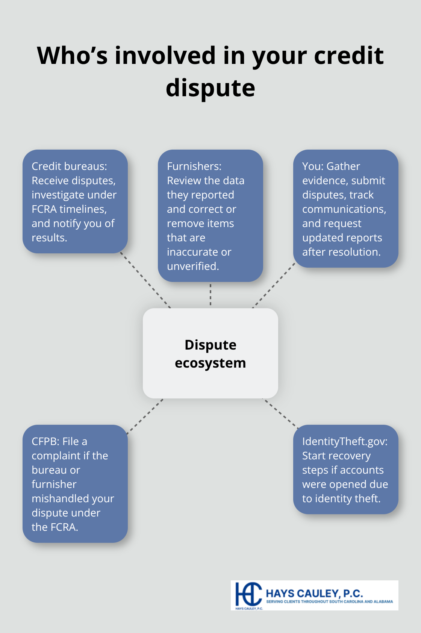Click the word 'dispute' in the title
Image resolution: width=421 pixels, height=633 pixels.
click(x=210, y=88)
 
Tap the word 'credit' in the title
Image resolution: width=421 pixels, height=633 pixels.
click(x=348, y=56)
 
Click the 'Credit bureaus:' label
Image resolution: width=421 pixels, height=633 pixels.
click(x=69, y=166)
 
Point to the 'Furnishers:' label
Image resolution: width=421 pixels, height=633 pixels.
click(x=194, y=166)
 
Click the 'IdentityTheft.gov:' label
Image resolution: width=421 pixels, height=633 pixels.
click(x=345, y=441)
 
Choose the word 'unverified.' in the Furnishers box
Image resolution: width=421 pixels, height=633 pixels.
click(x=193, y=266)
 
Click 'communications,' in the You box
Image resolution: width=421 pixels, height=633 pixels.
click(x=344, y=209)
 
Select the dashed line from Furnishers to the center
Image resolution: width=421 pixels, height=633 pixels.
click(x=210, y=295)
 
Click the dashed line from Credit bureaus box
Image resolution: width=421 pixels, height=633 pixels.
click(x=146, y=280)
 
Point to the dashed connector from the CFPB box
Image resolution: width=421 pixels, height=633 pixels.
click(x=145, y=416)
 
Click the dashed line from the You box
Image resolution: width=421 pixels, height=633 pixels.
click(x=274, y=286)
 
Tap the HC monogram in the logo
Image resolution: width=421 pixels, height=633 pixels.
click(x=248, y=595)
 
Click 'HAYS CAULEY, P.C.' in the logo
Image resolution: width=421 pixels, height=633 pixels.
click(x=314, y=593)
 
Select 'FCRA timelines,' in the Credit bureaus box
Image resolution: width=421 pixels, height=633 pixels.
click(x=69, y=209)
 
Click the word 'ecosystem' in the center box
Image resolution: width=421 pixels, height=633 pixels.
click(x=210, y=363)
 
